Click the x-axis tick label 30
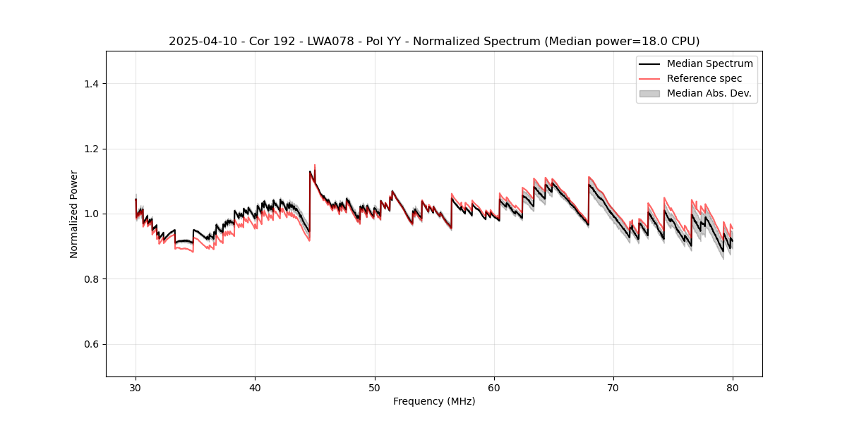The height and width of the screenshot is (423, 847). pyautogui.click(x=136, y=387)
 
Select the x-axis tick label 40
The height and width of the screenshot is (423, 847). pyautogui.click(x=255, y=387)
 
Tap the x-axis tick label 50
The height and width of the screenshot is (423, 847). pyautogui.click(x=375, y=387)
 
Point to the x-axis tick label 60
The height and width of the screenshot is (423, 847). pyautogui.click(x=494, y=387)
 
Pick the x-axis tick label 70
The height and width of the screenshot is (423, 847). pyautogui.click(x=613, y=387)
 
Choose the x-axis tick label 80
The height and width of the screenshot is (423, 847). pyautogui.click(x=733, y=387)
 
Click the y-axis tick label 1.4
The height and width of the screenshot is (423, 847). pyautogui.click(x=91, y=84)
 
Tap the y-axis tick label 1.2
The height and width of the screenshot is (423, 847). pyautogui.click(x=91, y=149)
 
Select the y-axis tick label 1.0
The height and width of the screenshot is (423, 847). pyautogui.click(x=91, y=214)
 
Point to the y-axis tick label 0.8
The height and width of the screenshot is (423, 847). pyautogui.click(x=91, y=279)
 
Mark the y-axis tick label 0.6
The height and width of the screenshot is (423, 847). pyautogui.click(x=91, y=344)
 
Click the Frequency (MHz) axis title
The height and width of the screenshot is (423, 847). pyautogui.click(x=434, y=401)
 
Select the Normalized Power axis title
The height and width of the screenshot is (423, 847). pyautogui.click(x=74, y=214)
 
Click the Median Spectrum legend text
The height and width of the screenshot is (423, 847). pyautogui.click(x=709, y=63)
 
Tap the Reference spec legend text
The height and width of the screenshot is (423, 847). pyautogui.click(x=704, y=78)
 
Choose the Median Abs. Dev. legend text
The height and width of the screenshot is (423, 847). pyautogui.click(x=709, y=93)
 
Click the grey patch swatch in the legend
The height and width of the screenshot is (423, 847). pyautogui.click(x=649, y=93)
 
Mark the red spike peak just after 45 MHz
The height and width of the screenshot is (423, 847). pyautogui.click(x=315, y=165)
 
